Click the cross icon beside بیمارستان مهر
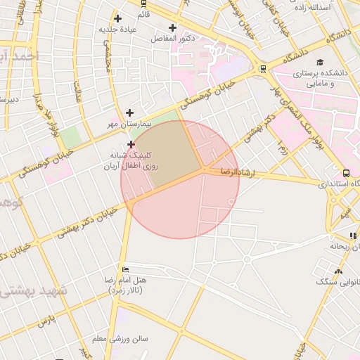pyautogui.click(x=129, y=112)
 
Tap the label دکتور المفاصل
pyautogui.click(x=173, y=39)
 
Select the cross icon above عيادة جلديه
pyautogui.click(x=117, y=18)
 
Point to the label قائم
pyautogui.click(x=143, y=14)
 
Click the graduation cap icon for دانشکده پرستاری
pyautogui.click(x=321, y=63)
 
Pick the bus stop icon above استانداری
pyautogui.click(x=346, y=173)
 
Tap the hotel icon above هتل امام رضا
pyautogui.click(x=125, y=269)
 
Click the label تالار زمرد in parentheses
pyautogui.click(x=127, y=290)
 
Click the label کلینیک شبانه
pyautogui.click(x=129, y=154)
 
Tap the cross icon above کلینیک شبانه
pyautogui.click(x=131, y=144)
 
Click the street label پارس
pyautogui.click(x=46, y=321)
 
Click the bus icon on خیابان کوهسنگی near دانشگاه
pyautogui.click(x=263, y=69)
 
